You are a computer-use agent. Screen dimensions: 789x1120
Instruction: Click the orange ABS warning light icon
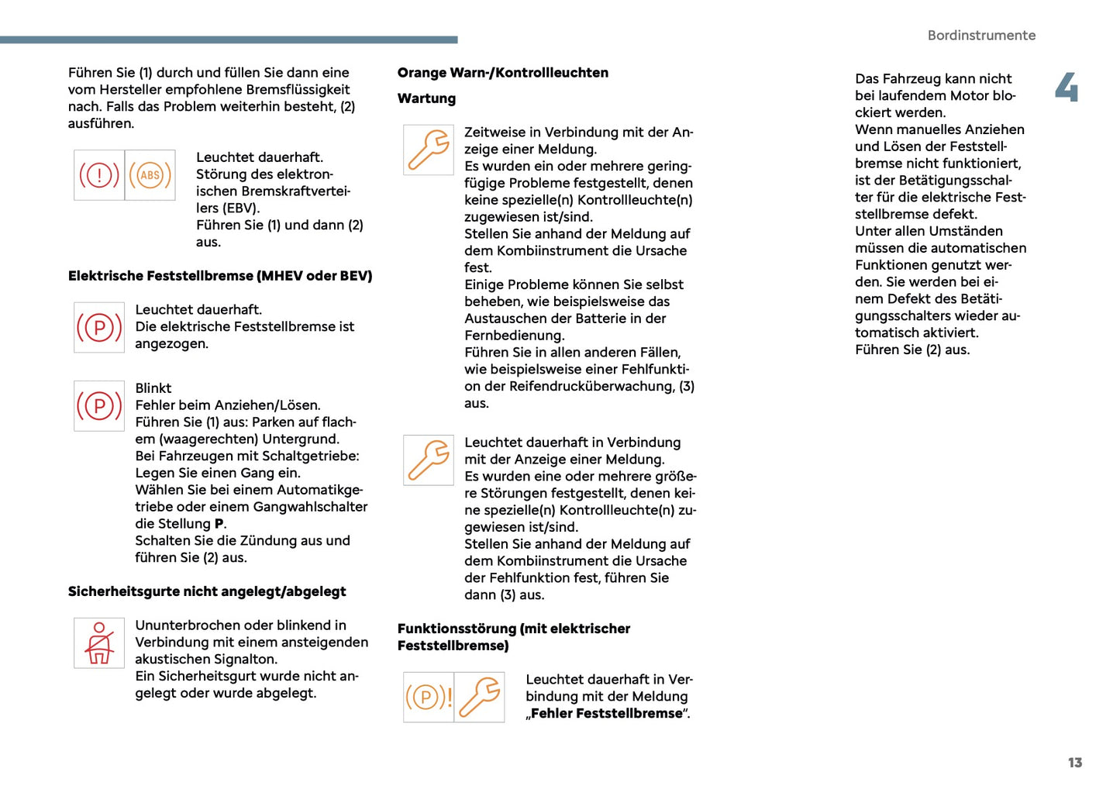(x=150, y=175)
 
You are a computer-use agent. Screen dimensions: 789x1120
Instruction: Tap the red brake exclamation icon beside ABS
(x=99, y=175)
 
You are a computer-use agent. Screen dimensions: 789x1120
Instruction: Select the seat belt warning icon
(x=99, y=643)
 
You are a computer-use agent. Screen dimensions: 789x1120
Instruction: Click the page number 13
(x=1074, y=763)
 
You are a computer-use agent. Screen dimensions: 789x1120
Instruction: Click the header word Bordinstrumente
(x=981, y=36)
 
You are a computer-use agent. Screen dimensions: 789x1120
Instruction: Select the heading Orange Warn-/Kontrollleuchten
(x=502, y=73)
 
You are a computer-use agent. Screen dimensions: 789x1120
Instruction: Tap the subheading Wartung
(x=426, y=98)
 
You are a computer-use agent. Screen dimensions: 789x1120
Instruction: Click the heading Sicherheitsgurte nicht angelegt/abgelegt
(x=207, y=591)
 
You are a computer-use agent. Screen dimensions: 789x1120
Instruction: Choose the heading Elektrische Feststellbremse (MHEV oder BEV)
(x=220, y=276)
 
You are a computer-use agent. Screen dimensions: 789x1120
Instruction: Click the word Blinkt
(x=153, y=388)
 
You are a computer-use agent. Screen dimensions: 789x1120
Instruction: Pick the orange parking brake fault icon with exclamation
(x=429, y=698)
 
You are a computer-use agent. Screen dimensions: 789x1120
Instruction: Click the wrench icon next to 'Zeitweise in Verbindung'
(x=429, y=150)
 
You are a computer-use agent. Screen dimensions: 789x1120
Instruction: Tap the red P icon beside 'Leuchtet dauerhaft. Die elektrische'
(x=99, y=328)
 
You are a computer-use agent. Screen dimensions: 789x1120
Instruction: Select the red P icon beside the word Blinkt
(x=99, y=406)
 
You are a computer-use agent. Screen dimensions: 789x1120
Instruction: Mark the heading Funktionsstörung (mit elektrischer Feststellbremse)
(x=513, y=637)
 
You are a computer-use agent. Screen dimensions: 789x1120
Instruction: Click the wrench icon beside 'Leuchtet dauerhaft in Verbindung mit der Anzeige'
(x=429, y=460)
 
